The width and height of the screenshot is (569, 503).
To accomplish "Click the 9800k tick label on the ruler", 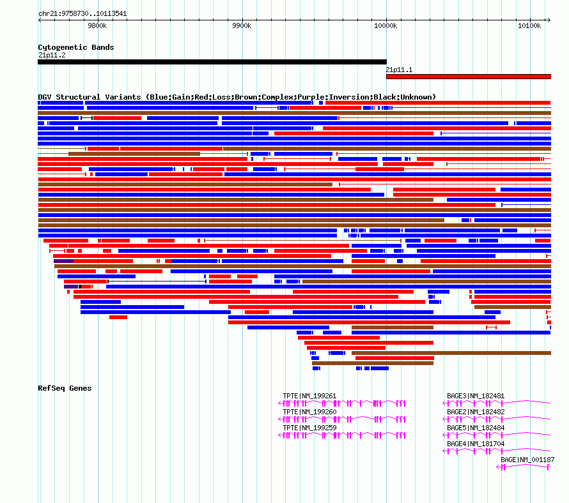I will [x=97, y=26].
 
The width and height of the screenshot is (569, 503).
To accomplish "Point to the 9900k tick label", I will [x=242, y=26].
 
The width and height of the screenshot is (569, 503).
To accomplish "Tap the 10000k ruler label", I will [x=386, y=26].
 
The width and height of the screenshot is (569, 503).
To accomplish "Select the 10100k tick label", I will [x=530, y=26].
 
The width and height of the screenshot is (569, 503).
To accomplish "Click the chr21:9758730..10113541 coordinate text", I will [x=82, y=13].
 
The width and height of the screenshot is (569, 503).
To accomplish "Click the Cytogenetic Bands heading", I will [x=75, y=47].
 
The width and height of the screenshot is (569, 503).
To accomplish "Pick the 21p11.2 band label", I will [x=52, y=55].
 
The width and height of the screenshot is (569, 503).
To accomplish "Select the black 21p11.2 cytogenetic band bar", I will [x=212, y=62].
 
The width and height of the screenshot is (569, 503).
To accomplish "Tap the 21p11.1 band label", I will [x=400, y=70].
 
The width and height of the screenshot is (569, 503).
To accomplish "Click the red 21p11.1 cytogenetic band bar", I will [x=468, y=77].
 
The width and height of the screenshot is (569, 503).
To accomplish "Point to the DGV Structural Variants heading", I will [x=237, y=97].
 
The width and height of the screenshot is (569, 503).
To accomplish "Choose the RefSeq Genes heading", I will [x=65, y=388].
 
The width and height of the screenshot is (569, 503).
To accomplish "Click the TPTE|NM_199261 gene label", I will [x=309, y=396].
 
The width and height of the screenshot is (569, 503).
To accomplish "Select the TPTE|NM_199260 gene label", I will [x=309, y=412].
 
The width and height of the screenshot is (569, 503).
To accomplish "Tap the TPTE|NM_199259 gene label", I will [x=309, y=428].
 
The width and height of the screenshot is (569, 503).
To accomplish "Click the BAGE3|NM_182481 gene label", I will [x=476, y=396].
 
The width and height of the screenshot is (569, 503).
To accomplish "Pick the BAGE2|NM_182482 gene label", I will [x=476, y=412].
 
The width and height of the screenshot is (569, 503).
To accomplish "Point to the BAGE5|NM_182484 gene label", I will [x=476, y=428].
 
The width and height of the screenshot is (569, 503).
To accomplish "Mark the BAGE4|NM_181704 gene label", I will [x=476, y=444].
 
